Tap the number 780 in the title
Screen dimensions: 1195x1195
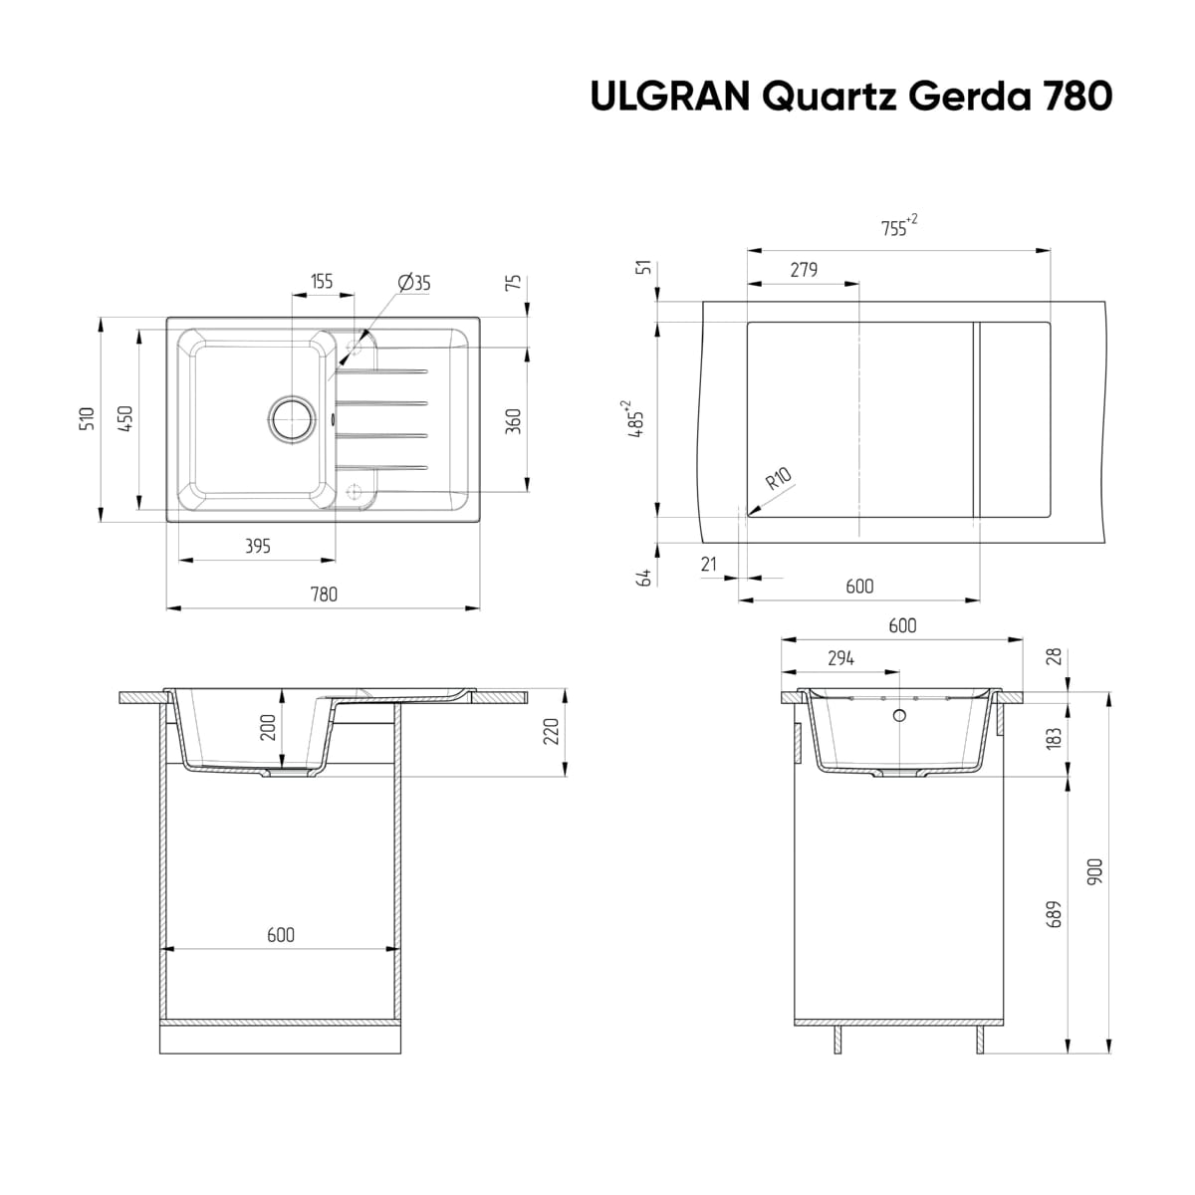[1077, 97]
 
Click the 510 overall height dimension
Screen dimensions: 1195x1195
[88, 418]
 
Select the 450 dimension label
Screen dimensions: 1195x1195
[125, 418]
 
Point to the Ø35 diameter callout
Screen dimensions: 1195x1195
[414, 283]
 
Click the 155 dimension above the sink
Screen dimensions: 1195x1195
[322, 282]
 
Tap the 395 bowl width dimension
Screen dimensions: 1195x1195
[258, 546]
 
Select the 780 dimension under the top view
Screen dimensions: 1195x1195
[324, 595]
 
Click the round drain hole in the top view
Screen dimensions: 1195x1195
[292, 419]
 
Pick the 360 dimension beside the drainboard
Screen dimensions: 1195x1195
[514, 421]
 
